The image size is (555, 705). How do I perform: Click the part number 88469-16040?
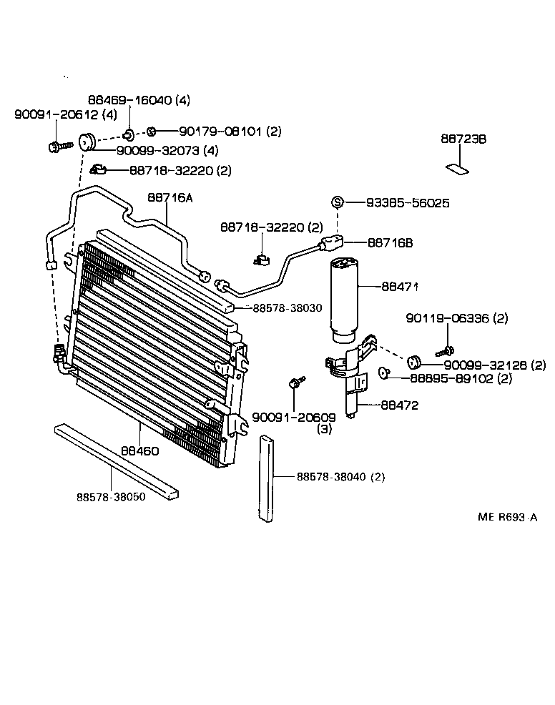tap(129, 101)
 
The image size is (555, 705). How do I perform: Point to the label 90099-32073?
tap(147, 151)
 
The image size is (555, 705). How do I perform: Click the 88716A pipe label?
tap(170, 198)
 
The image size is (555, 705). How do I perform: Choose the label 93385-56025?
tap(408, 203)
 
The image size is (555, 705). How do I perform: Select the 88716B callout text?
tap(391, 243)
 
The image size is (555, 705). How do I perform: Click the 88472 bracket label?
tap(400, 405)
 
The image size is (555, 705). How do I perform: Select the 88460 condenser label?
tap(139, 451)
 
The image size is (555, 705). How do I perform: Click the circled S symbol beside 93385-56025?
tap(338, 203)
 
